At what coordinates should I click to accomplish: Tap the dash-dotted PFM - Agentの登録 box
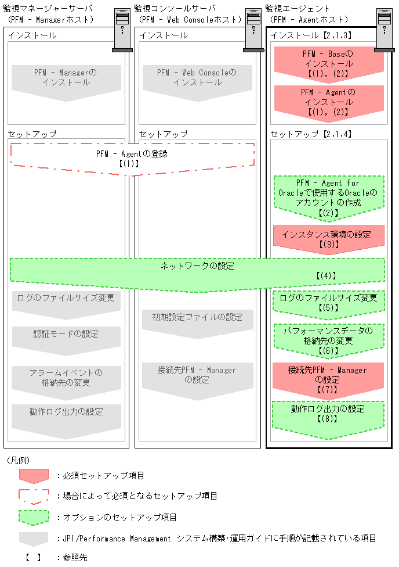pos(132,159)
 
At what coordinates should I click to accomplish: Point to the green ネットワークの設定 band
pos(197,271)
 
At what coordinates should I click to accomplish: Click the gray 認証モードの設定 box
pos(66,337)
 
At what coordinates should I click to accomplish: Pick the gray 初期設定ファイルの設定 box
pos(197,320)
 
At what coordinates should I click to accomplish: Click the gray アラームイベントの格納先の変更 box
pos(66,378)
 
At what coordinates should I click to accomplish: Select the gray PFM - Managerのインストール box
pos(66,78)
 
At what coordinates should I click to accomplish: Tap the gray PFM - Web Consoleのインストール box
pos(197,78)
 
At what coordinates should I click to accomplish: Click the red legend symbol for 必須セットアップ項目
pos(34,475)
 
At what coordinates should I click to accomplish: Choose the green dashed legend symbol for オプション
pos(34,516)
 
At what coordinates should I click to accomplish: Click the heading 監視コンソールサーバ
pos(174,8)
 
